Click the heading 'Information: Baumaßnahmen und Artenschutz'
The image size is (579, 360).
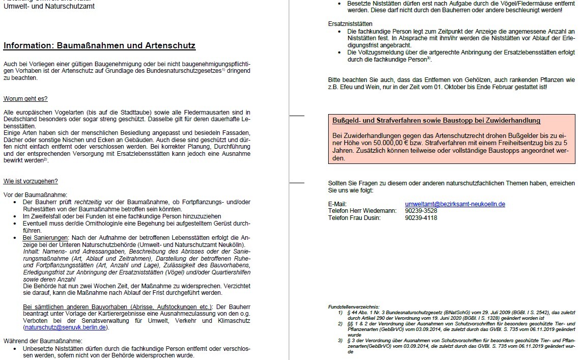click(99, 45)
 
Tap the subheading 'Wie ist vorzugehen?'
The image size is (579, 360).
click(31, 181)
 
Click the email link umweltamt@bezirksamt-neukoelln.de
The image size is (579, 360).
click(455, 204)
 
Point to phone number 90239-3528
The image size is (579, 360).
click(421, 211)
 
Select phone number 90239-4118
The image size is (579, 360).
click(421, 218)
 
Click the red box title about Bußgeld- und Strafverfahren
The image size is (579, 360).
click(436, 121)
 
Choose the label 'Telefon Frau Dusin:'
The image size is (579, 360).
click(354, 218)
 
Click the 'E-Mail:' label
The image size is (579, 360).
click(337, 204)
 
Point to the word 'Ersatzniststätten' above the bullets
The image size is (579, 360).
click(351, 24)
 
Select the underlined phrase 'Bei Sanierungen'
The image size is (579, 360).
click(46, 238)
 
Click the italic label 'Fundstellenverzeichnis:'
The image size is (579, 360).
click(354, 306)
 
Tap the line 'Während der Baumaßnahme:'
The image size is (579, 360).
click(43, 341)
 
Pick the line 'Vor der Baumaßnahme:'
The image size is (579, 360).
click(35, 195)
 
